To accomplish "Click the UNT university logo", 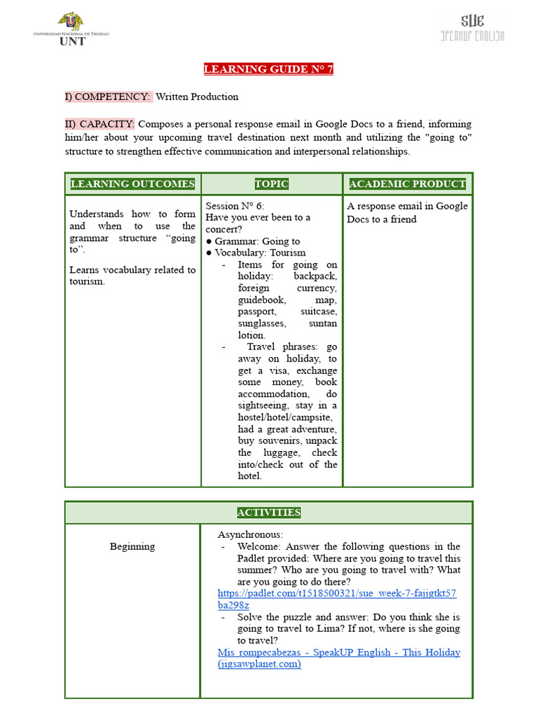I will [x=71, y=29].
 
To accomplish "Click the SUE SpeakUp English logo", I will [x=471, y=28].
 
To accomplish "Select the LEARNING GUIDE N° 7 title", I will [x=268, y=69].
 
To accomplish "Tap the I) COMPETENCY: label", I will [x=107, y=97].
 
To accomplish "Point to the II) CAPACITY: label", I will [x=99, y=124].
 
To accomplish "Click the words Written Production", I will [x=197, y=97].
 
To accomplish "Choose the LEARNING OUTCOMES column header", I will [x=132, y=184].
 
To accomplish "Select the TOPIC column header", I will [x=271, y=184].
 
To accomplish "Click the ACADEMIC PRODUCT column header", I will [x=407, y=184].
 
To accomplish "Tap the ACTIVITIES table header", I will [x=268, y=513].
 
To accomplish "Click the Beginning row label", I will [x=132, y=546].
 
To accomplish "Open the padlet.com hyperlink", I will [x=337, y=599].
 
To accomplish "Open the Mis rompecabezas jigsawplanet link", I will [x=338, y=658].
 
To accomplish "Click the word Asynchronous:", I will [x=250, y=534].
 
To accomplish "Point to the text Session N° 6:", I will [x=235, y=206].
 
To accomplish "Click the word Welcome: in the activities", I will [x=259, y=546].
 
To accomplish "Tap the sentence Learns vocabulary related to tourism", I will [x=132, y=275].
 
